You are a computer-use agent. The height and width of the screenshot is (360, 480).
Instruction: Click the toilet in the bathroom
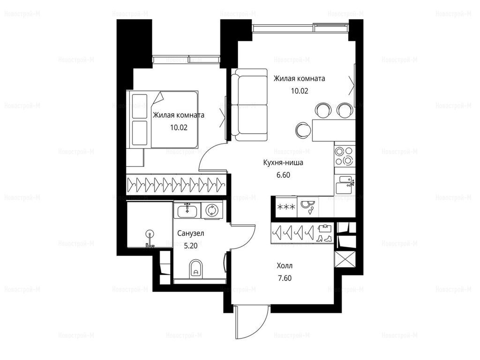click(195, 269)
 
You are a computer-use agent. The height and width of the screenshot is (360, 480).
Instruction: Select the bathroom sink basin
click(187, 210)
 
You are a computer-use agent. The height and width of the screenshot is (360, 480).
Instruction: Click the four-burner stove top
click(344, 156)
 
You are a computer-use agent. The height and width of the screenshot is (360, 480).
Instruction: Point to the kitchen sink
click(345, 185)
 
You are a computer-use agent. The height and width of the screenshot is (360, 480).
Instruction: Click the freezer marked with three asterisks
click(286, 207)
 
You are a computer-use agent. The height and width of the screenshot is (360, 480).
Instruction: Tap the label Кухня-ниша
click(283, 163)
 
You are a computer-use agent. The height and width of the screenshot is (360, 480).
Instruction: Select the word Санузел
click(191, 233)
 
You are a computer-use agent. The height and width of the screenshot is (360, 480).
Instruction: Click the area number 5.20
click(191, 246)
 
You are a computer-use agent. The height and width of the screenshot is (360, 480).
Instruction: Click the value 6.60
click(283, 175)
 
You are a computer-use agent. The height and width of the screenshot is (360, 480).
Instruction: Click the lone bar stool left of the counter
click(304, 130)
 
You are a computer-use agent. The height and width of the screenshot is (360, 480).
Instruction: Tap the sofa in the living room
click(250, 105)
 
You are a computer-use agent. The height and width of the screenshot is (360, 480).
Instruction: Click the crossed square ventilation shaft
click(345, 259)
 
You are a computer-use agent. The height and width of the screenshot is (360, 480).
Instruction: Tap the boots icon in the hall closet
click(325, 238)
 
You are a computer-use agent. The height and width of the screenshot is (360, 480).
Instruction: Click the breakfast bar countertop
click(334, 130)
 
